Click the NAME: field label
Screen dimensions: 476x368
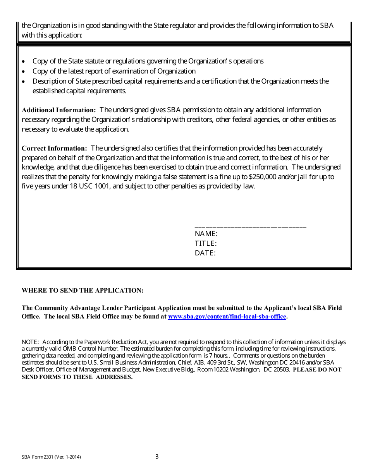(206, 234)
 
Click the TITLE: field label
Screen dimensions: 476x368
(205, 243)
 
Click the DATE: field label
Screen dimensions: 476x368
(205, 253)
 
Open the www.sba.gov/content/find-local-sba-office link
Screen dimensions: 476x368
(227, 317)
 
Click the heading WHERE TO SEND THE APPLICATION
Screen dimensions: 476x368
(83, 290)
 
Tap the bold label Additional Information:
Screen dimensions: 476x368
(59, 110)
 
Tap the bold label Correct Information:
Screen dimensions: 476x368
(55, 148)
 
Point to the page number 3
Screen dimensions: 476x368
(157, 457)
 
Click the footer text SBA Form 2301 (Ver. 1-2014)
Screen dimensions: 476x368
(51, 457)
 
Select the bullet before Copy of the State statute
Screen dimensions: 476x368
(24, 62)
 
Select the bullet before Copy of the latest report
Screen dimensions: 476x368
(24, 72)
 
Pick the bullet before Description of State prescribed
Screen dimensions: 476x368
(24, 82)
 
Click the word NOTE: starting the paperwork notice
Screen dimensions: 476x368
(30, 342)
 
